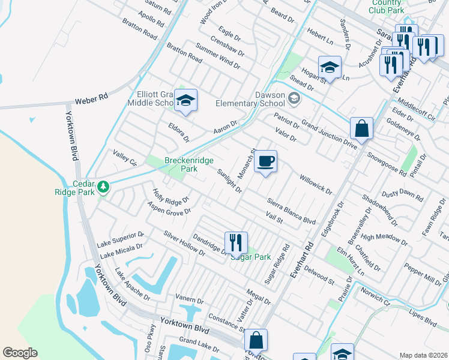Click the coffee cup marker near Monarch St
tap(265, 161)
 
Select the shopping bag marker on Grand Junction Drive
tap(361, 128)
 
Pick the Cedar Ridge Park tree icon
tap(103, 187)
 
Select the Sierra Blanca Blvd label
tap(291, 212)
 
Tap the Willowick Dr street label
tap(315, 185)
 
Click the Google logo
tap(20, 353)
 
